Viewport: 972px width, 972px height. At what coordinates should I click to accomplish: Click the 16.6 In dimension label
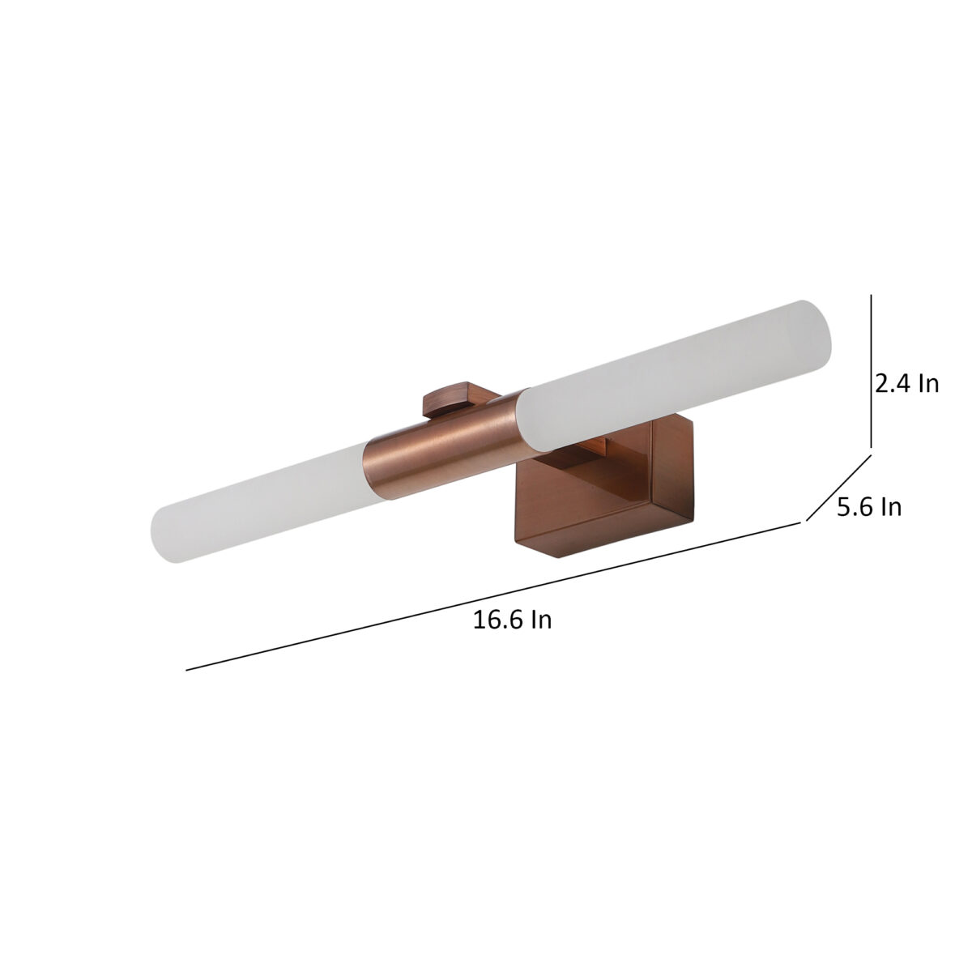[x=512, y=620]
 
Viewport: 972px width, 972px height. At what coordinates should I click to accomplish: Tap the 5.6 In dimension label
[x=869, y=507]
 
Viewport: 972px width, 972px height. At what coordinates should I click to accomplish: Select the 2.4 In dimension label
[x=906, y=385]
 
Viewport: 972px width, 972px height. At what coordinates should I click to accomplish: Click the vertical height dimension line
[x=871, y=372]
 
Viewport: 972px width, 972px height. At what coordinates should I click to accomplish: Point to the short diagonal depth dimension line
[x=838, y=488]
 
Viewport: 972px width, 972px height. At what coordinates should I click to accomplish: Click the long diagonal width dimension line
[x=493, y=597]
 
